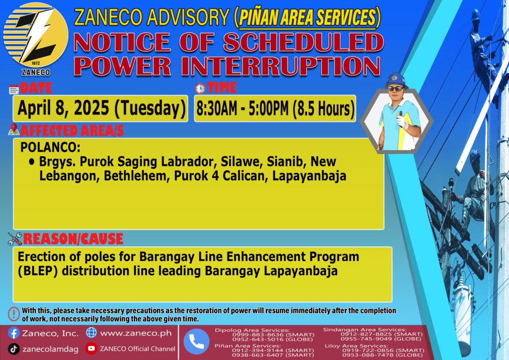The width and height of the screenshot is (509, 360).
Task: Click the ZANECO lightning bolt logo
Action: point(36,36)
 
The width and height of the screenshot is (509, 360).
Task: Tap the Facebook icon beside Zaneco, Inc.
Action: point(13,333)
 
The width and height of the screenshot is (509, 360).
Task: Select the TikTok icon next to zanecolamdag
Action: point(13,349)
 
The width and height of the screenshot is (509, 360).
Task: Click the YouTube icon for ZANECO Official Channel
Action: point(91,348)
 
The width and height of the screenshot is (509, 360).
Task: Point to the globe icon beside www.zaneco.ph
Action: point(91,333)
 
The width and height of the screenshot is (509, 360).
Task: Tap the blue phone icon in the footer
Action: point(196,342)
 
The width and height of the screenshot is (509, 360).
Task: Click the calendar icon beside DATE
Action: point(14,89)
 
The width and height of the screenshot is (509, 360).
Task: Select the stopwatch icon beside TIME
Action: point(200,88)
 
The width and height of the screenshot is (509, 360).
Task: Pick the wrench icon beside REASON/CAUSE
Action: point(15,239)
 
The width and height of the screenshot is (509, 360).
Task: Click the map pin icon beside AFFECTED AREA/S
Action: point(13,129)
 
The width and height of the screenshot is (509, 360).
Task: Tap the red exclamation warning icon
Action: point(14,314)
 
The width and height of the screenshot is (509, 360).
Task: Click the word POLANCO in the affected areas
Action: point(50,147)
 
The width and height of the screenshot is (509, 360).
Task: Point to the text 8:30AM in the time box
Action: point(217,109)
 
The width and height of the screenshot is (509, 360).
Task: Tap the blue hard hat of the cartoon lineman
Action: point(396,80)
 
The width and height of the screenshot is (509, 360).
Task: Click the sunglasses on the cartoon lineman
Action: point(395,89)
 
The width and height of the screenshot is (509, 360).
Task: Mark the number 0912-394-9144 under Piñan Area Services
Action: point(257,351)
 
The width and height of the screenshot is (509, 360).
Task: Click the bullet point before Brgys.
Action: point(31,161)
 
